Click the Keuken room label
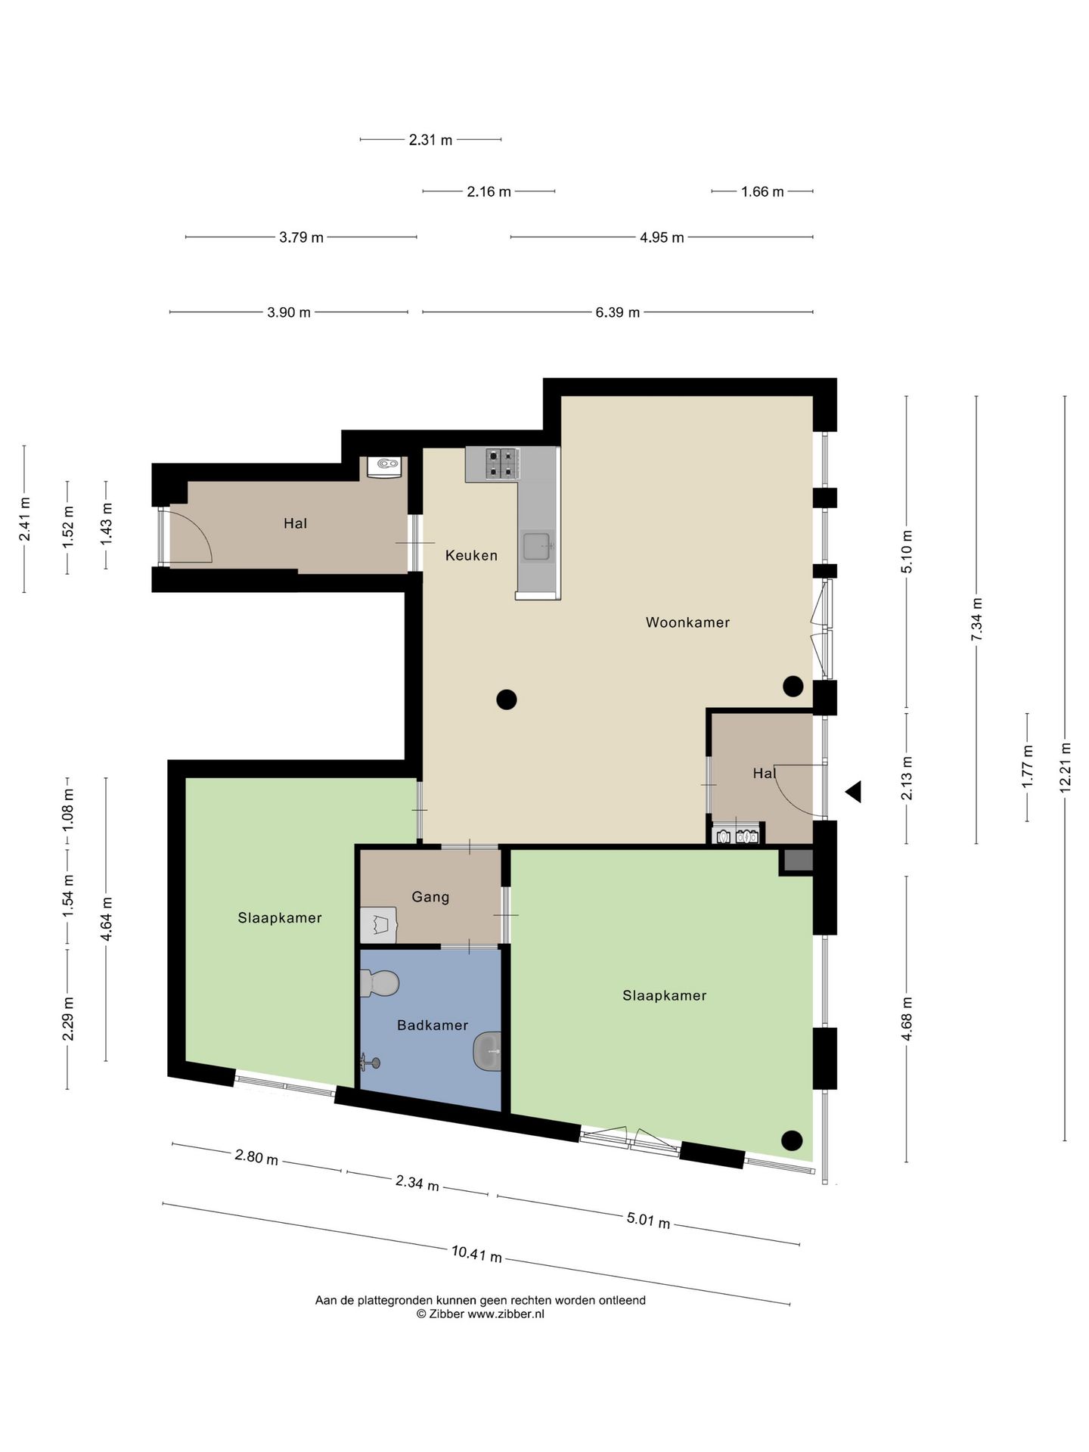pyautogui.click(x=471, y=555)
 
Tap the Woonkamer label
pyautogui.click(x=687, y=622)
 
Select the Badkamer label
pyautogui.click(x=433, y=1025)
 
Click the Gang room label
pyautogui.click(x=430, y=897)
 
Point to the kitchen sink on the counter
pyautogui.click(x=538, y=547)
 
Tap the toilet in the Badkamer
pyautogui.click(x=380, y=984)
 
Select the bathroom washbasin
pyautogui.click(x=487, y=1051)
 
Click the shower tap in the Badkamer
pyautogui.click(x=371, y=1063)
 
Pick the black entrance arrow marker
pyautogui.click(x=854, y=792)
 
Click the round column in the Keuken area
pyautogui.click(x=507, y=700)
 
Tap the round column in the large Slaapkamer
pyautogui.click(x=792, y=1140)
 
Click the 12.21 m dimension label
pyautogui.click(x=1065, y=768)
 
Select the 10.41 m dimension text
pyautogui.click(x=476, y=1254)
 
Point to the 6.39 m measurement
pyautogui.click(x=618, y=312)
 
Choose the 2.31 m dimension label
pyautogui.click(x=430, y=140)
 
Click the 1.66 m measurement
pyautogui.click(x=762, y=192)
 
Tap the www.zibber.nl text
pyautogui.click(x=506, y=1314)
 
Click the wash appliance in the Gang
pyautogui.click(x=379, y=925)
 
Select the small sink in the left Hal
pyautogui.click(x=385, y=466)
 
